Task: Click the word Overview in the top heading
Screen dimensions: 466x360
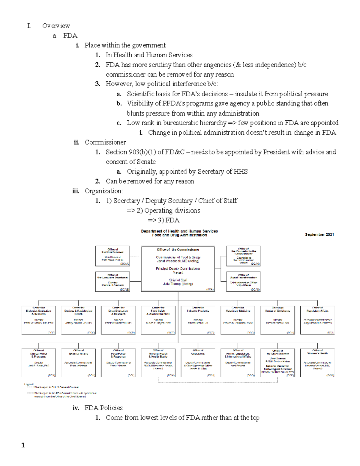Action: (56, 26)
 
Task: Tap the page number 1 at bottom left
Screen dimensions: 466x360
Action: (23, 445)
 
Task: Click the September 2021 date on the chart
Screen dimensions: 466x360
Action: (319, 235)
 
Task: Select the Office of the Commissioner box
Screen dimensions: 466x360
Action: (178, 269)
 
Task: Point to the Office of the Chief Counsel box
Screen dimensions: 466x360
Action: (113, 256)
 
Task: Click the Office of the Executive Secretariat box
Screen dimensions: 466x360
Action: (113, 281)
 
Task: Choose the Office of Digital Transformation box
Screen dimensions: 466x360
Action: (243, 281)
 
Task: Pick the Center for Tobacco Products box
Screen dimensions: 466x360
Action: (198, 320)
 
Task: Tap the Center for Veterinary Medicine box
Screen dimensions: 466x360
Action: (238, 320)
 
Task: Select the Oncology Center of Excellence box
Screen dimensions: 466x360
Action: (277, 320)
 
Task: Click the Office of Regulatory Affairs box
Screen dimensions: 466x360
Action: (317, 320)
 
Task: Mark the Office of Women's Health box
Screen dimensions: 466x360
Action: (317, 362)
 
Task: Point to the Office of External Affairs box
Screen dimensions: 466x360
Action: (78, 362)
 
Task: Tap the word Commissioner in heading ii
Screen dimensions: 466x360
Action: (105, 142)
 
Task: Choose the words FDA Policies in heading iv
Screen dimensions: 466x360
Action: (103, 408)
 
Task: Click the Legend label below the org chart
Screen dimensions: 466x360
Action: (29, 384)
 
